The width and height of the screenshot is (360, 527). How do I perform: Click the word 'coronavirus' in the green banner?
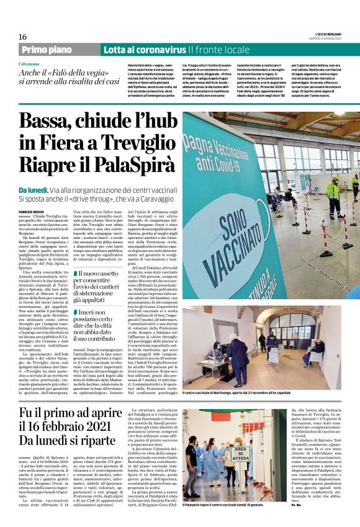(x=163, y=49)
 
